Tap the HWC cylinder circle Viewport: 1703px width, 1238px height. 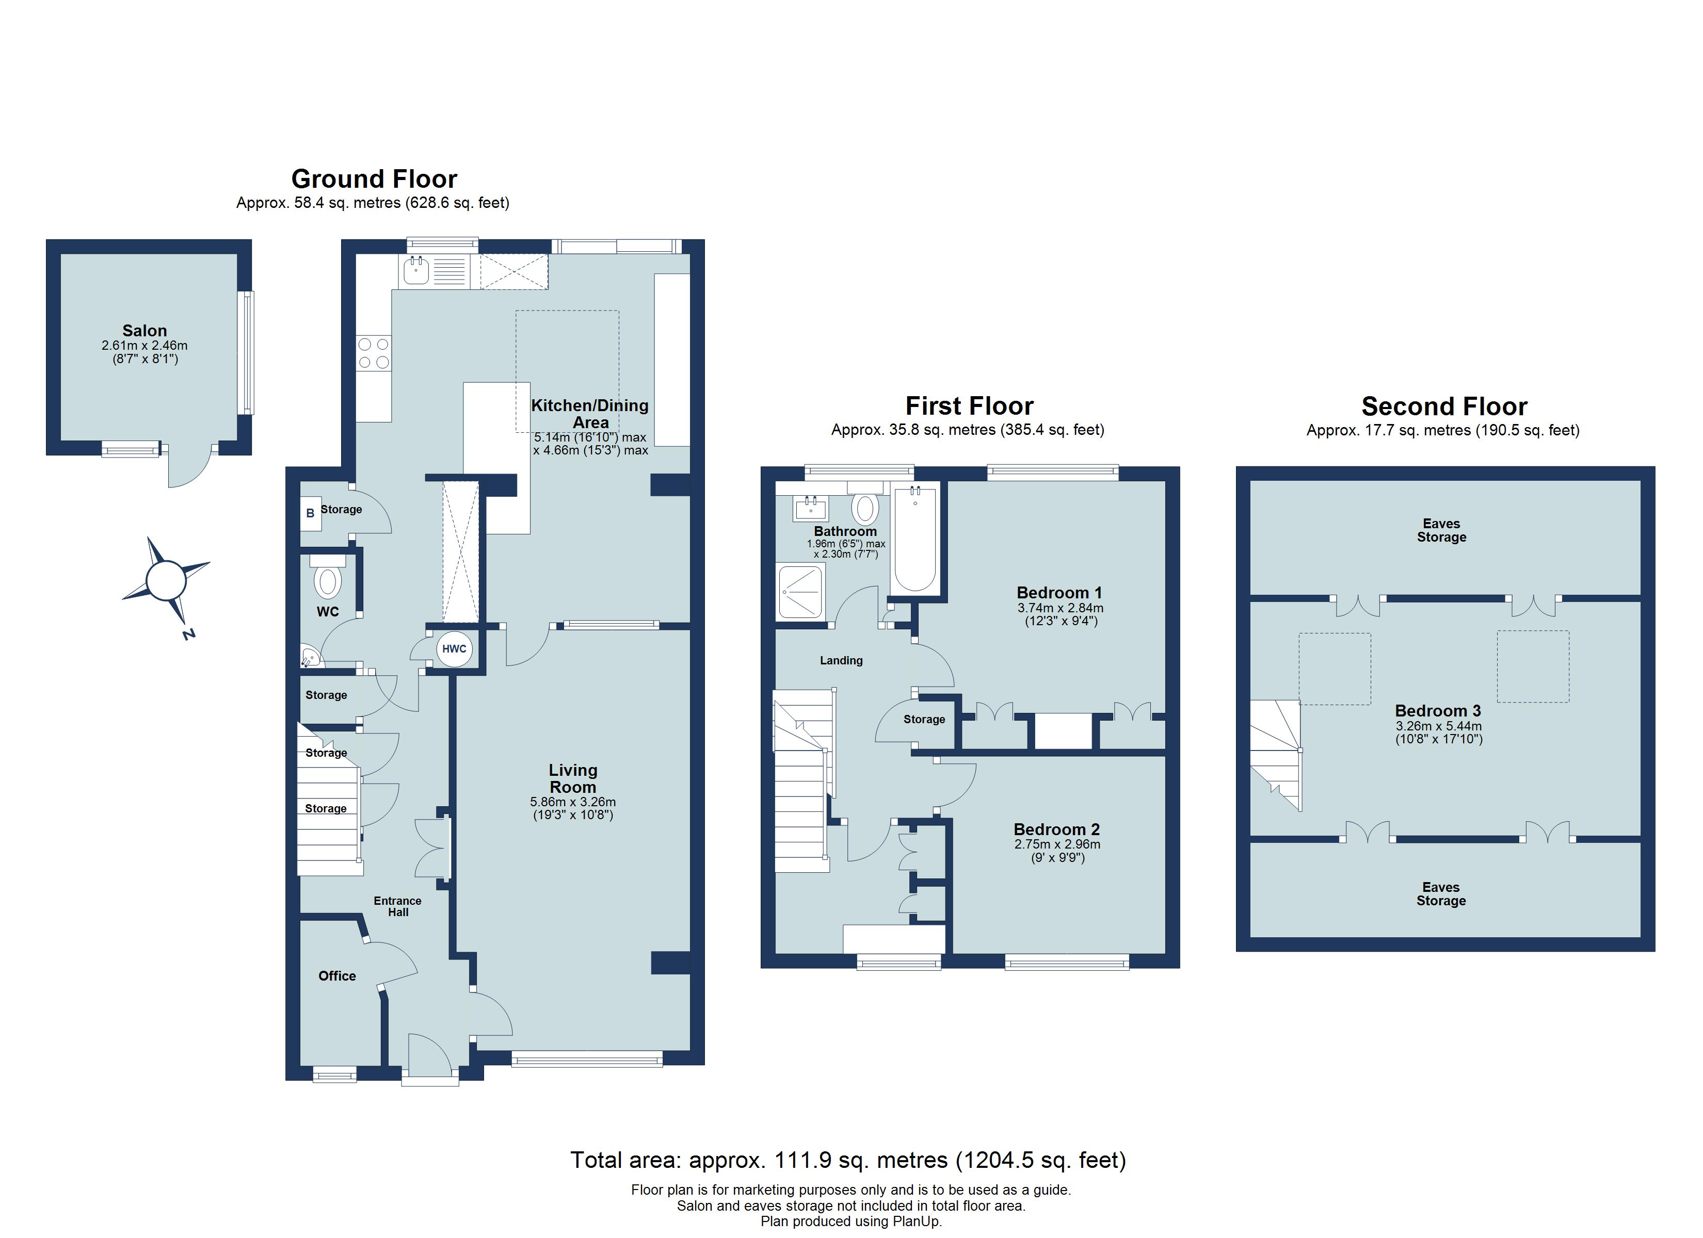(454, 649)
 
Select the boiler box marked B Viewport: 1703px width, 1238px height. (310, 514)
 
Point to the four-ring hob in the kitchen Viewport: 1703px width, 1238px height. (373, 354)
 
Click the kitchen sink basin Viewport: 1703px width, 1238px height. (416, 271)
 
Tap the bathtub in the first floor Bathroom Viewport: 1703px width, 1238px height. (914, 539)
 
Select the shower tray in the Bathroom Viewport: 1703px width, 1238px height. (800, 592)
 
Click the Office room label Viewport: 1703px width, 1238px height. (336, 976)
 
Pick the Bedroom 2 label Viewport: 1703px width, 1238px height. (1056, 829)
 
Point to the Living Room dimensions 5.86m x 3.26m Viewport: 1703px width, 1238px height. (572, 802)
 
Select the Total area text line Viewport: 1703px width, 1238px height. (848, 1160)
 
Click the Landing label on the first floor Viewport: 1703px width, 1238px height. (841, 661)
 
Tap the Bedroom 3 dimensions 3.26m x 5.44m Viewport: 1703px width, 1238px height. (1438, 726)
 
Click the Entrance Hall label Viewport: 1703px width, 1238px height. (398, 906)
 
